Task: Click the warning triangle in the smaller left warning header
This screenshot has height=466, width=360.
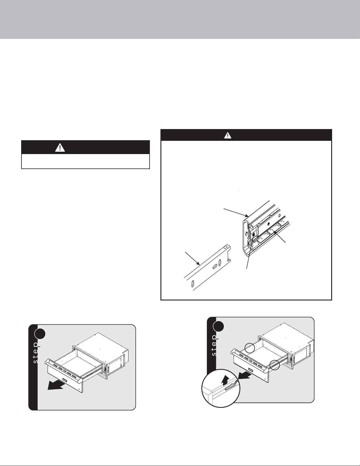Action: [60, 147]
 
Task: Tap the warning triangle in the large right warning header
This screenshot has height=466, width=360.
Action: [227, 135]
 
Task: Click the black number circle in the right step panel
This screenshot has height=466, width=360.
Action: [219, 327]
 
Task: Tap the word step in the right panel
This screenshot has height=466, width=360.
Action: [214, 347]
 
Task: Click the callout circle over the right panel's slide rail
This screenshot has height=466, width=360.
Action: [274, 365]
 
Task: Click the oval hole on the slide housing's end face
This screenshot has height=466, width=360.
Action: [247, 234]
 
